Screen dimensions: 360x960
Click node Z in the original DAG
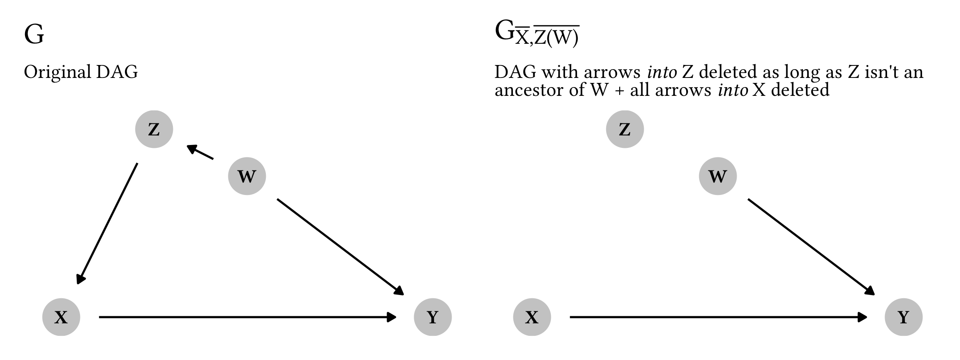(x=154, y=129)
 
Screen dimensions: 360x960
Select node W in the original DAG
(x=247, y=176)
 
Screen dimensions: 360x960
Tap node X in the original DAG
(x=61, y=317)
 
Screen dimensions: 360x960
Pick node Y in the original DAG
(x=432, y=317)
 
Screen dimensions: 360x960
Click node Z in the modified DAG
(x=625, y=129)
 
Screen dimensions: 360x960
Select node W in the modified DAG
(x=717, y=176)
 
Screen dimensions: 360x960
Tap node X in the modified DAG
(x=532, y=317)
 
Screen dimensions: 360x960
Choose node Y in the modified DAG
(x=903, y=317)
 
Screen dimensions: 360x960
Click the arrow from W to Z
(x=200, y=152)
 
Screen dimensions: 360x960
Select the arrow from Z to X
(x=107, y=223)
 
